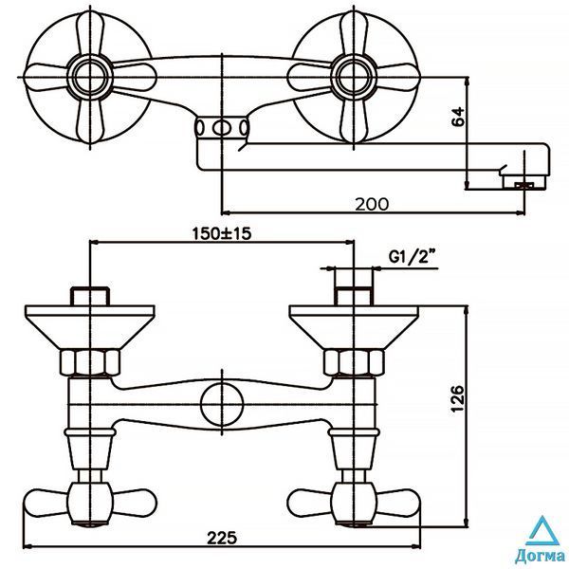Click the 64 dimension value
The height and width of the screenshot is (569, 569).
458,116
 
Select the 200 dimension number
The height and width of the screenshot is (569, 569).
371,204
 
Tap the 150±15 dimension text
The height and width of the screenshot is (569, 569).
221,233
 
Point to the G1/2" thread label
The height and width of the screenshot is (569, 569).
412,257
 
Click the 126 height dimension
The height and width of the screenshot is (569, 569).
458,398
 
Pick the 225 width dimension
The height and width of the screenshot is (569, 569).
222,538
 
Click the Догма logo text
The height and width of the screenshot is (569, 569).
541,556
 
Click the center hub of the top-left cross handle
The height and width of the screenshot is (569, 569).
90,77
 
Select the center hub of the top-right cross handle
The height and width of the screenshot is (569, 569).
354,77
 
